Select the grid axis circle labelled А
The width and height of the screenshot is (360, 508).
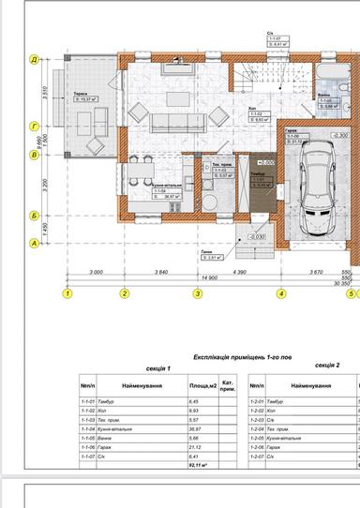coord(35,244)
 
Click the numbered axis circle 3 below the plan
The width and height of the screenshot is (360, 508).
coord(198,293)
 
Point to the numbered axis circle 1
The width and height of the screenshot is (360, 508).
coord(67,293)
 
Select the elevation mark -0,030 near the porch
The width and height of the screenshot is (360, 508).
coord(257,237)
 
